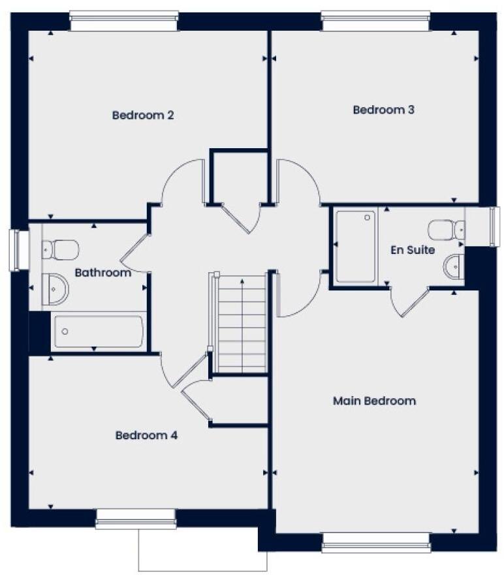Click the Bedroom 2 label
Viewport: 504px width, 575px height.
point(142,116)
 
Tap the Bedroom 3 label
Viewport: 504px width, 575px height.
point(383,110)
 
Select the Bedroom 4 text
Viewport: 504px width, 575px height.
point(146,435)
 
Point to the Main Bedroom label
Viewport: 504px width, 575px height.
point(374,401)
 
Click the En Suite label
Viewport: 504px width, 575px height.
point(412,250)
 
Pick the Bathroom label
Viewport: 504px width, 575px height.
point(102,273)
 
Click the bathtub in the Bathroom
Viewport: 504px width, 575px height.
point(98,332)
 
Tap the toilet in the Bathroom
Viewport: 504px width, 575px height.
point(60,249)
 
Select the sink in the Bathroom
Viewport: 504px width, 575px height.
point(55,288)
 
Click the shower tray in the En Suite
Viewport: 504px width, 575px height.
point(356,246)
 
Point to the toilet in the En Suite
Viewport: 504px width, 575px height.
point(446,230)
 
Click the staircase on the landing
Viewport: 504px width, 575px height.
point(242,323)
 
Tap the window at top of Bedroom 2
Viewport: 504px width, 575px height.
point(123,20)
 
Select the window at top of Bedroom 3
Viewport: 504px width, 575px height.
point(375,20)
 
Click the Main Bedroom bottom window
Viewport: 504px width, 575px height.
point(375,542)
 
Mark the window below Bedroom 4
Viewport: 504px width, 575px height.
point(136,518)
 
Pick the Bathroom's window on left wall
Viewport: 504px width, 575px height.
point(18,249)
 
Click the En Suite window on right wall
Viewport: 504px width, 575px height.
point(494,226)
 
